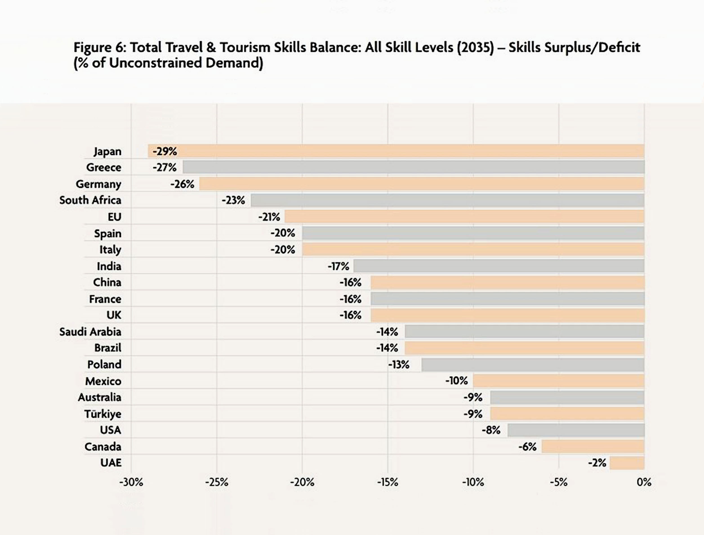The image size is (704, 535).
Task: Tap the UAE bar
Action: coord(627,463)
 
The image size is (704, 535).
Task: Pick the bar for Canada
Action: coord(593,447)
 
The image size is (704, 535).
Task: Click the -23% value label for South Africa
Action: coord(233,200)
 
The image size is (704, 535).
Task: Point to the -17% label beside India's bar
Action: coord(338,266)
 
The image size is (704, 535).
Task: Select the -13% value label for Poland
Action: coord(399,365)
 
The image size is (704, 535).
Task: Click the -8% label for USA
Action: coord(491,430)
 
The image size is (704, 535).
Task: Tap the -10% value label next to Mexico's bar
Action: coord(456,381)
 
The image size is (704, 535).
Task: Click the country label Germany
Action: coord(98,184)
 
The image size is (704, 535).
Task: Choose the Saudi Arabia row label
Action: coord(90,332)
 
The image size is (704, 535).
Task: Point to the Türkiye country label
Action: coord(103,414)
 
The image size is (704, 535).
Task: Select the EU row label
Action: coord(114,217)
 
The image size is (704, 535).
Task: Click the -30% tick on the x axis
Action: coord(131,482)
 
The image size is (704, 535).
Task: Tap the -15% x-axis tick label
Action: coord(387,482)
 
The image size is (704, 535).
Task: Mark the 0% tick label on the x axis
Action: coord(644,482)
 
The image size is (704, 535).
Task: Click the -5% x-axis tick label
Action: coord(558,482)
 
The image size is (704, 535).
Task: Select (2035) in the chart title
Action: coord(475,48)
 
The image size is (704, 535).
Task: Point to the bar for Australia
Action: coord(567,397)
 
